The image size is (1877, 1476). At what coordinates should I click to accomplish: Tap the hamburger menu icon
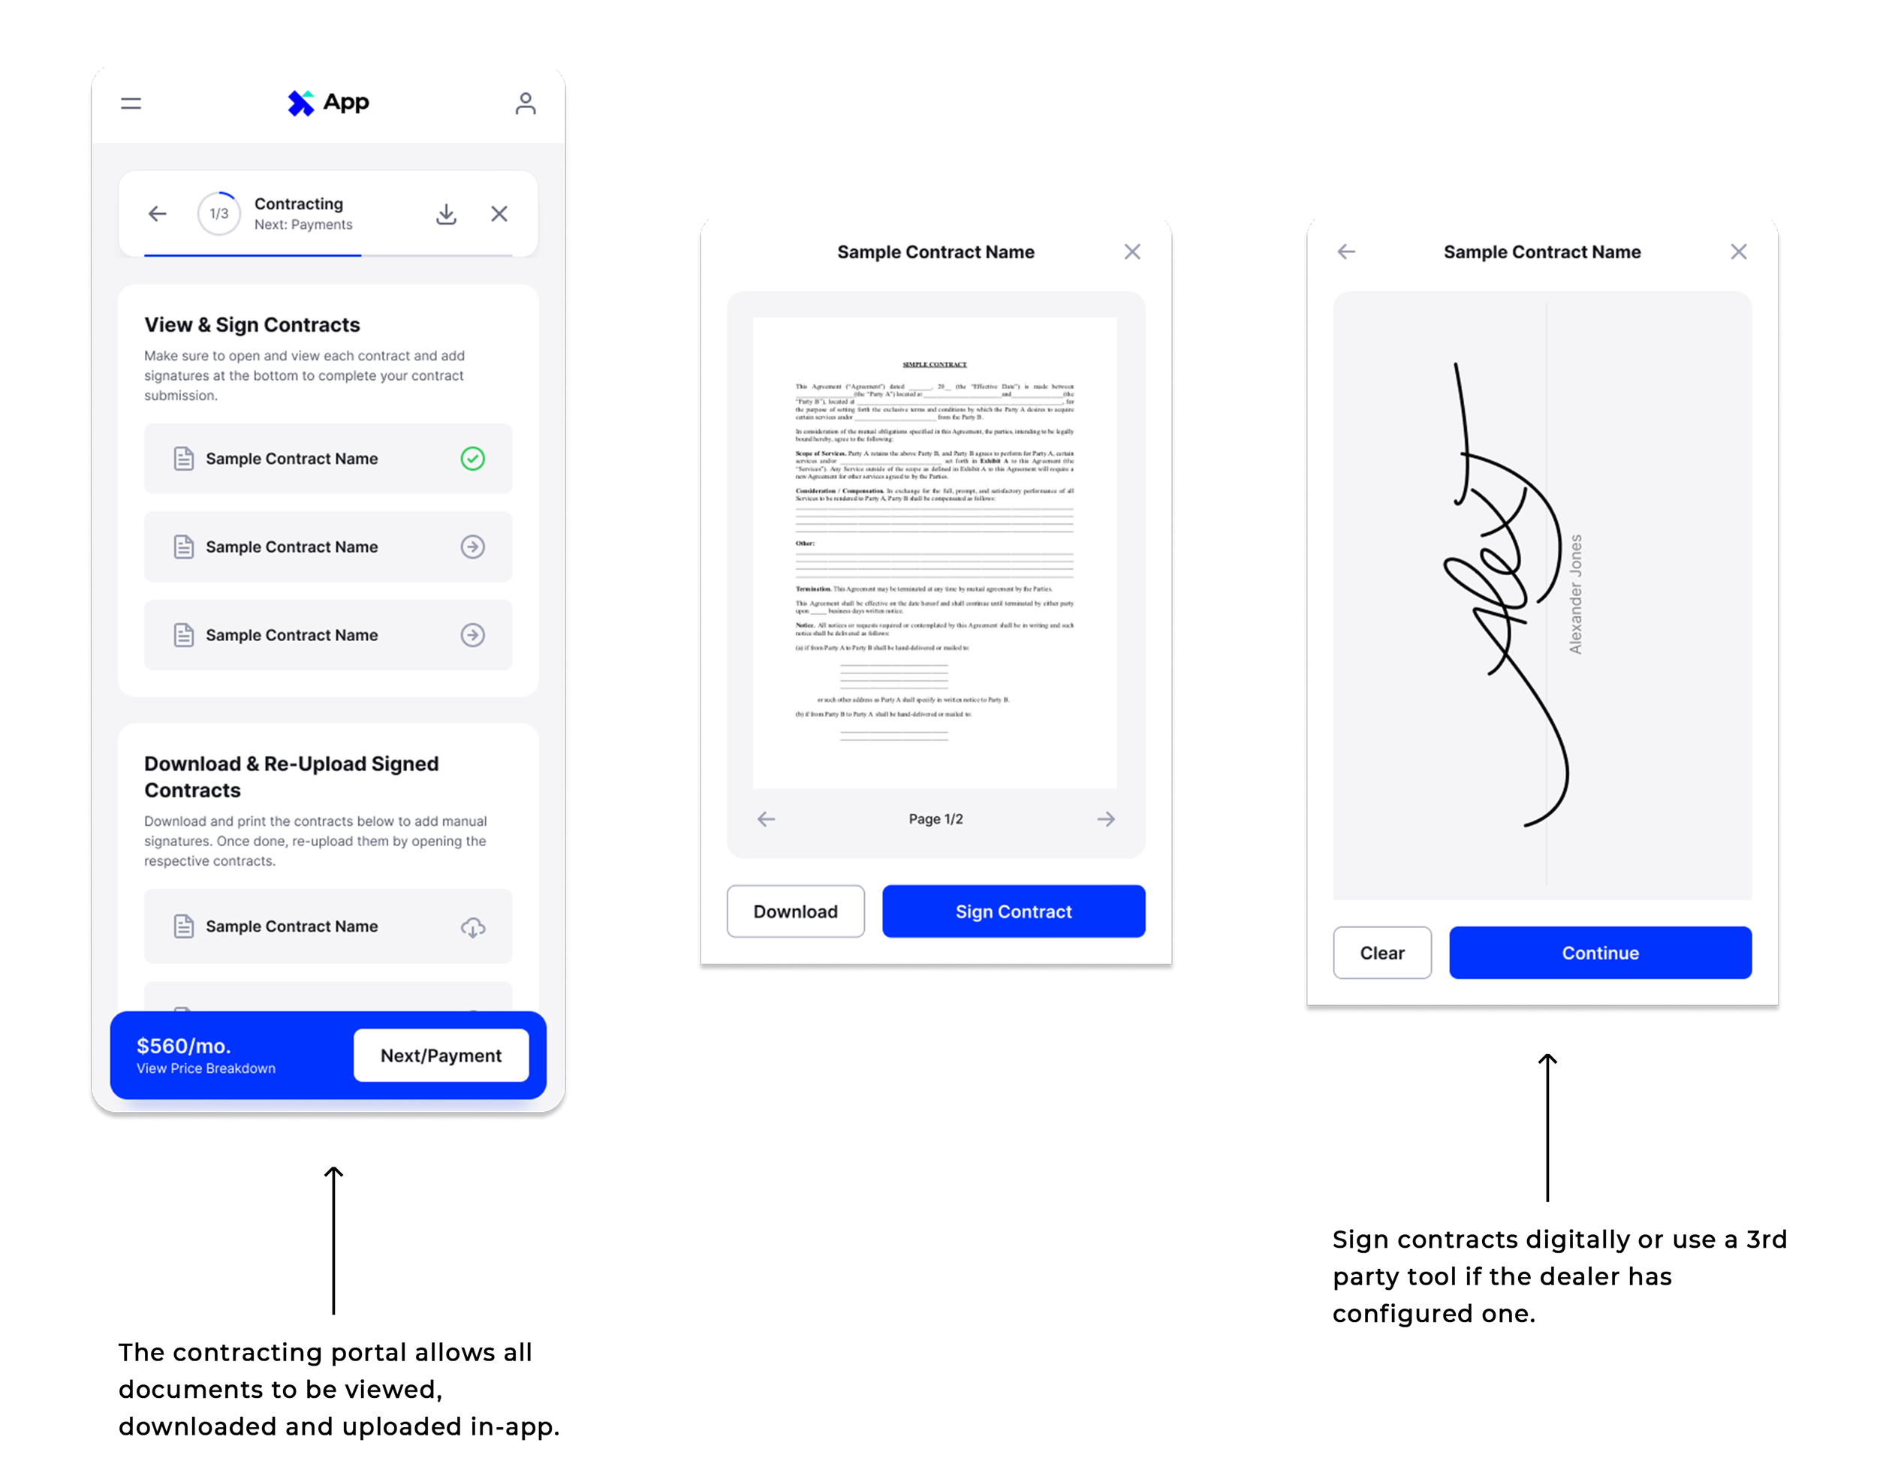131,104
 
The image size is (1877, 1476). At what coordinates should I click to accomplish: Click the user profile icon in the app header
526,104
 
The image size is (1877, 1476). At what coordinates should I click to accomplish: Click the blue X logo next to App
300,104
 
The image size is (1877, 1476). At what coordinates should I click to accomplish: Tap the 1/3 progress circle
219,213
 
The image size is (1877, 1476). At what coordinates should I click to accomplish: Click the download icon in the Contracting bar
446,213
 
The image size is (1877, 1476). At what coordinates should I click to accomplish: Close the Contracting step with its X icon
499,213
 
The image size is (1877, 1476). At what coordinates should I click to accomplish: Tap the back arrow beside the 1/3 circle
157,213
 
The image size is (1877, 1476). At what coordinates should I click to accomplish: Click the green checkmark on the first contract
473,458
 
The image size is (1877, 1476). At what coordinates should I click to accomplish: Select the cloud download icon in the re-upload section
473,927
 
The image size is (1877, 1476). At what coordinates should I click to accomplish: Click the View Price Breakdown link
206,1069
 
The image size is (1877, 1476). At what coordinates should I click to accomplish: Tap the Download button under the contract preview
795,911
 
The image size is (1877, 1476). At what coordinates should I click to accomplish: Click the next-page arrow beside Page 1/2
1105,819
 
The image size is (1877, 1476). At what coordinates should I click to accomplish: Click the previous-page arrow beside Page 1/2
767,819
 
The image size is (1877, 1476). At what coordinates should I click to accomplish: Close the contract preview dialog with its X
1132,252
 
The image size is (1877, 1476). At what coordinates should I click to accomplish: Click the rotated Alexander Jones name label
1575,594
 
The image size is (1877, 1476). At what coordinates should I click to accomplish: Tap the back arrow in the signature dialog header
1346,252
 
